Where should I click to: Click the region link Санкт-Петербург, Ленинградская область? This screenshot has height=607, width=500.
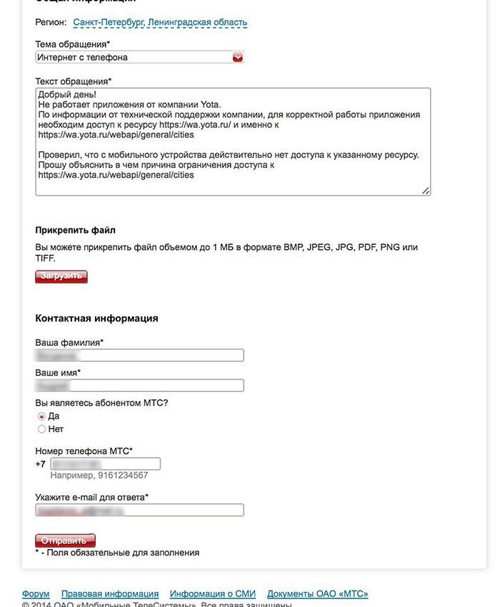pos(160,23)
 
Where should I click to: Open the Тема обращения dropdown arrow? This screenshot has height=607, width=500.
pos(238,57)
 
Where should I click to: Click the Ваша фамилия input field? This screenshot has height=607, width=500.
pos(139,355)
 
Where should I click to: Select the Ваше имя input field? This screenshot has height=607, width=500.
pos(139,386)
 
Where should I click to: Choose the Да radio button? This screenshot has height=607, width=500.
pos(41,416)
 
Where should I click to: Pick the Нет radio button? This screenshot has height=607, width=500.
pos(41,429)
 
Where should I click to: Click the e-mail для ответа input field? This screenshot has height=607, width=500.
pos(139,510)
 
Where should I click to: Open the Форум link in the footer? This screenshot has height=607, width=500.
pos(36,594)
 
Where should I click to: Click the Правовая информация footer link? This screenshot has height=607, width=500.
pos(110,594)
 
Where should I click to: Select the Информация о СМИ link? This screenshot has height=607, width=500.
pos(212,594)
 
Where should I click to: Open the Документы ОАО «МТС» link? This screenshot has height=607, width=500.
pos(317,594)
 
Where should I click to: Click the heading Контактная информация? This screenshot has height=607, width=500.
pos(96,318)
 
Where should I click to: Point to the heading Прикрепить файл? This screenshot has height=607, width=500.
pos(75,231)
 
